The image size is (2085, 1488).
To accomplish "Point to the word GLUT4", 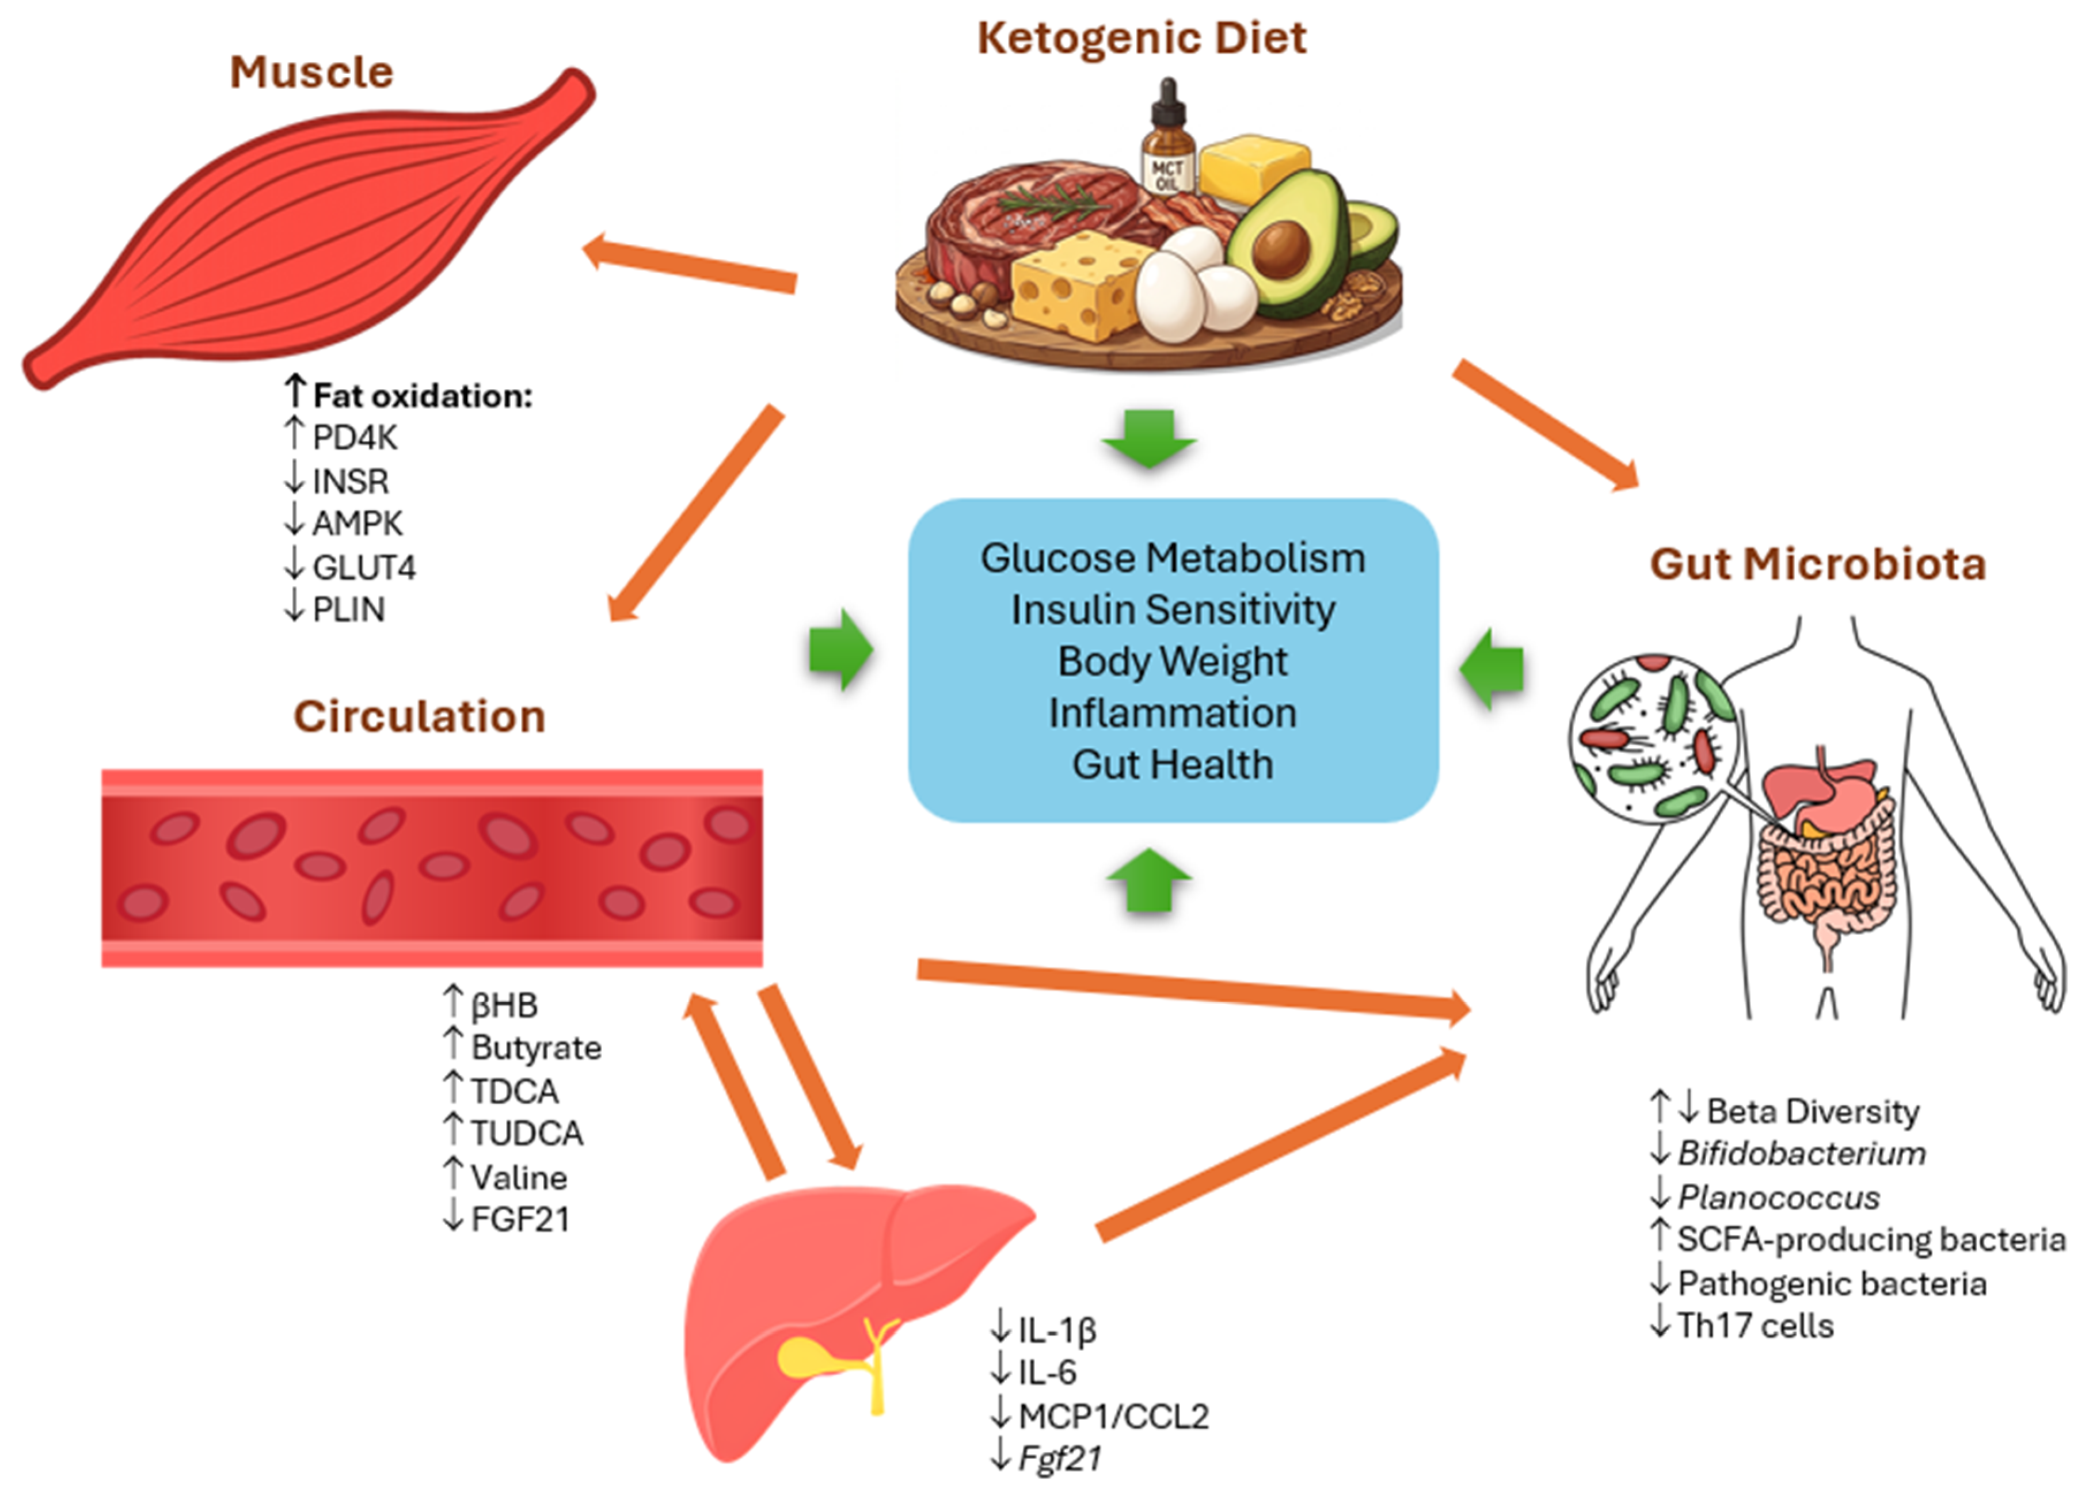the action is [364, 568].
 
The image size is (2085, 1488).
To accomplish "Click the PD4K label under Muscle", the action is [355, 438].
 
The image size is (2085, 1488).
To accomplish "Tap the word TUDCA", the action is [527, 1134].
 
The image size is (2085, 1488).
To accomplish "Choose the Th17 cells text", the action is [1755, 1326].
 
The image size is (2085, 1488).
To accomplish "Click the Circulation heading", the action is [419, 716].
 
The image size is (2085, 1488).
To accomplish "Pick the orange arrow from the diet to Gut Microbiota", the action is [1545, 425].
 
